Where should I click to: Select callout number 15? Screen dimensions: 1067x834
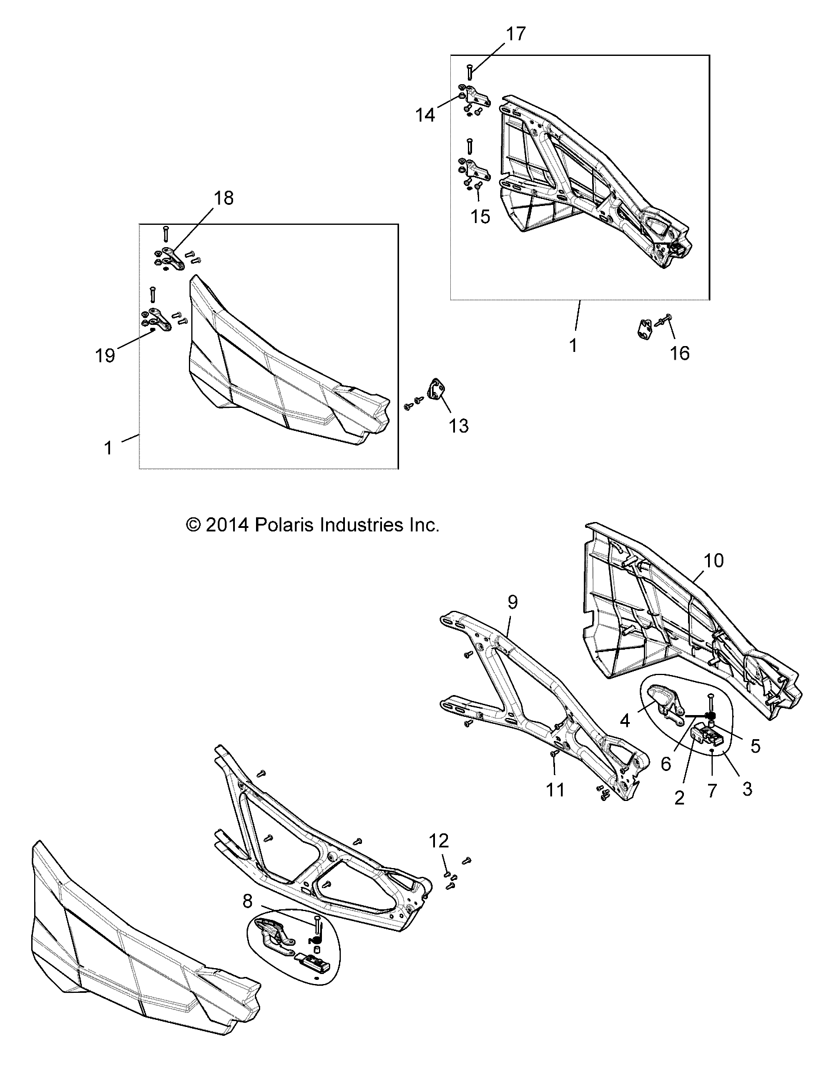coord(481,217)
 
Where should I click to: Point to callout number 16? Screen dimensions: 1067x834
coord(680,353)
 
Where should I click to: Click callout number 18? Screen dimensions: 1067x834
coord(224,198)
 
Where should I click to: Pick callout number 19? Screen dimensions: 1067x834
coord(106,355)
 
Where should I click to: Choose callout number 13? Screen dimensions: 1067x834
coord(458,426)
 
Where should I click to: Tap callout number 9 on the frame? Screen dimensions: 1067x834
coord(512,602)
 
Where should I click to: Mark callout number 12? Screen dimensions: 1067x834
coord(438,840)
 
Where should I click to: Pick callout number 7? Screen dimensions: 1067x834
coord(712,790)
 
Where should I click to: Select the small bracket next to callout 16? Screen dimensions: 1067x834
coord(646,328)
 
